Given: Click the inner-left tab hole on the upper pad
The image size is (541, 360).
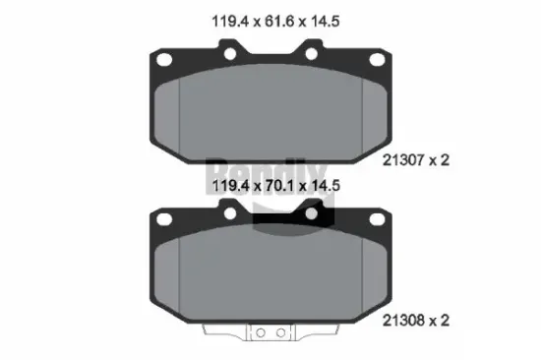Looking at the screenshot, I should pos(228,51).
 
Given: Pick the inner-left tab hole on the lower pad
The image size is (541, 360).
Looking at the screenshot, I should pos(228,211).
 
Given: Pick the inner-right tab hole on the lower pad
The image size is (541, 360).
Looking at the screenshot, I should pos(312,211).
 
